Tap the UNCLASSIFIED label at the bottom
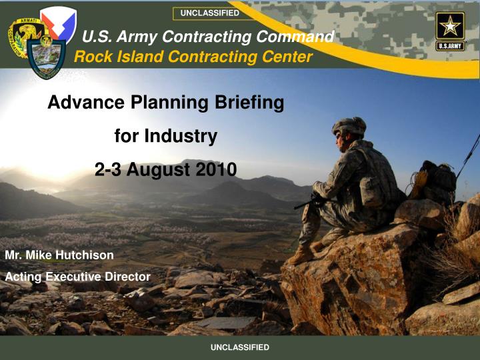[x=240, y=347]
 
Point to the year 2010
[x=216, y=170]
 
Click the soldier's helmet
[x=350, y=125]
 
